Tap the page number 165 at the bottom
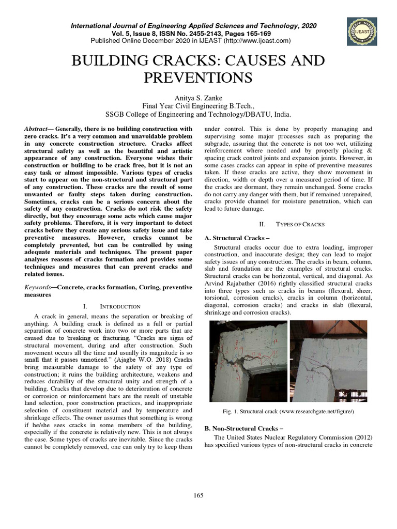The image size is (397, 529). point(198,495)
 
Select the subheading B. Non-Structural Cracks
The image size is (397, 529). point(237,429)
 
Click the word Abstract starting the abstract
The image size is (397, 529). point(38,128)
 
